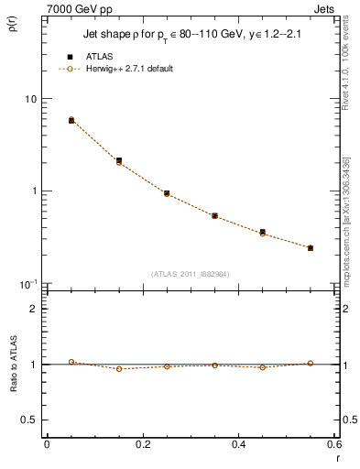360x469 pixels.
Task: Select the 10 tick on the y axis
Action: (x=29, y=99)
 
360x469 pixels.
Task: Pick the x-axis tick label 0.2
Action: (x=142, y=444)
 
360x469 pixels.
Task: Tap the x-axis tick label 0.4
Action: (x=238, y=444)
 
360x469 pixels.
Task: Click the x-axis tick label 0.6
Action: (x=333, y=444)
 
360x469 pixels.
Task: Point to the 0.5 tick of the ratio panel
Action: (x=28, y=420)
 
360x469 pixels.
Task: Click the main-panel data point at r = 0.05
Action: (x=71, y=120)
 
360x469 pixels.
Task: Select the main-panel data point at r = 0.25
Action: (x=167, y=193)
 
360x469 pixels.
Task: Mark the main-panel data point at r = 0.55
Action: (x=311, y=247)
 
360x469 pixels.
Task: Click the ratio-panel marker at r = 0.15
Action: (x=119, y=369)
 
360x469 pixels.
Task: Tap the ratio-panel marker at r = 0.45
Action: (x=263, y=367)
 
